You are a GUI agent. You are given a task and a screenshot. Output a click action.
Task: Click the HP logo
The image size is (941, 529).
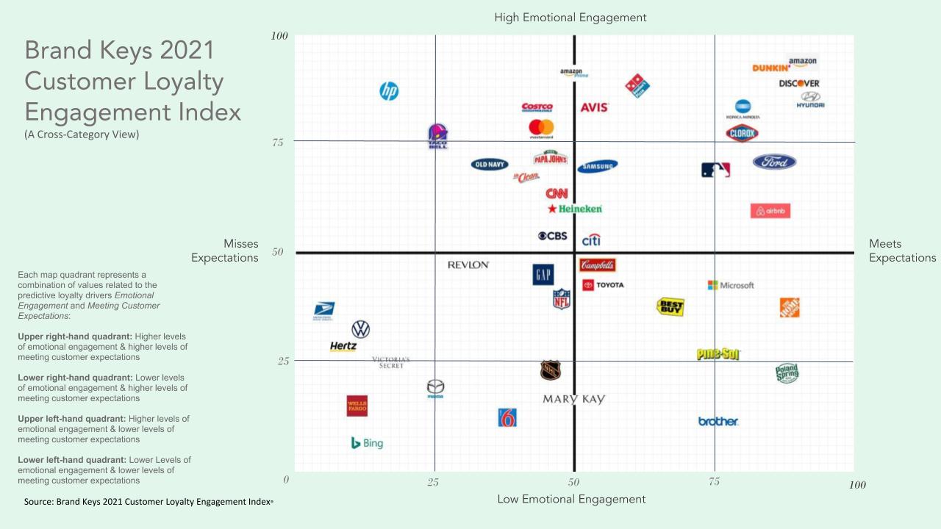(389, 91)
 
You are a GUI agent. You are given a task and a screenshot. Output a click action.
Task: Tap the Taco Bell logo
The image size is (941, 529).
(437, 136)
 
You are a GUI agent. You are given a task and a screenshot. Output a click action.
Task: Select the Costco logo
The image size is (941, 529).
(537, 107)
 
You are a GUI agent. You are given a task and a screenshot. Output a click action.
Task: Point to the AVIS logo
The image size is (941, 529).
(594, 107)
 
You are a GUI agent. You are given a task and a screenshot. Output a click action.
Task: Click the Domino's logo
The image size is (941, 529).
(637, 86)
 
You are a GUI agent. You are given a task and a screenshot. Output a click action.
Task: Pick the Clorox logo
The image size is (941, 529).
(742, 134)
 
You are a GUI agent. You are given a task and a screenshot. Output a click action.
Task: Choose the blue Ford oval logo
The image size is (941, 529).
(774, 162)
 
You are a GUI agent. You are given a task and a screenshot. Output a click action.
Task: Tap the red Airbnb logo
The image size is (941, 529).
(770, 211)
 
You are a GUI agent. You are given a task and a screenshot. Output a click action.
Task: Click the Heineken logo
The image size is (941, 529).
(575, 209)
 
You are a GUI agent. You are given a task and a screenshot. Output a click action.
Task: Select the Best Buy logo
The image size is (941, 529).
(670, 306)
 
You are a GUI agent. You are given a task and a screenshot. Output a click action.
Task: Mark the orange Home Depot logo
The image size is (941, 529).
(790, 307)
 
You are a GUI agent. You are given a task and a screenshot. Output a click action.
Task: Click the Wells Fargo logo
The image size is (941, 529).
(357, 406)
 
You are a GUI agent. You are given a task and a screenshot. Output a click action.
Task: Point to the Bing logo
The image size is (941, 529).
(367, 443)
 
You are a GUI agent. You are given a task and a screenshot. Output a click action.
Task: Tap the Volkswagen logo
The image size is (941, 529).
(360, 328)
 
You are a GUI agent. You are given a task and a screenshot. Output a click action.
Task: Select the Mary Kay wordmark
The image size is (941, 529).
(573, 399)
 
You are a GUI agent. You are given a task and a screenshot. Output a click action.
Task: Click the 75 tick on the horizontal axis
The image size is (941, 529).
(714, 482)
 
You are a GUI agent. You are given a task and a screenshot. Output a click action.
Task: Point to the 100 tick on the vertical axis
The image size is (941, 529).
(279, 36)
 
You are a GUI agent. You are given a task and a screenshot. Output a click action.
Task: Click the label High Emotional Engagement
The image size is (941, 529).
(570, 17)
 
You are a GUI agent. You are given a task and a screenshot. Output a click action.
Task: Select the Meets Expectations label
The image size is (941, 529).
(902, 251)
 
